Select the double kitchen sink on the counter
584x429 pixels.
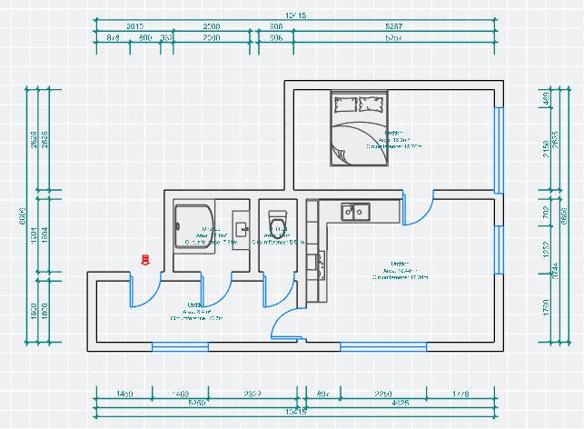(x=355, y=212)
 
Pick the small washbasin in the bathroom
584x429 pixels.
(x=242, y=224)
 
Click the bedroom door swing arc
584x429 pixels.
(x=415, y=212)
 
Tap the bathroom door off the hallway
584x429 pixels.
(x=214, y=291)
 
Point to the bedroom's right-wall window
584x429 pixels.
(x=498, y=150)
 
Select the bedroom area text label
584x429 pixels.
(x=393, y=139)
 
